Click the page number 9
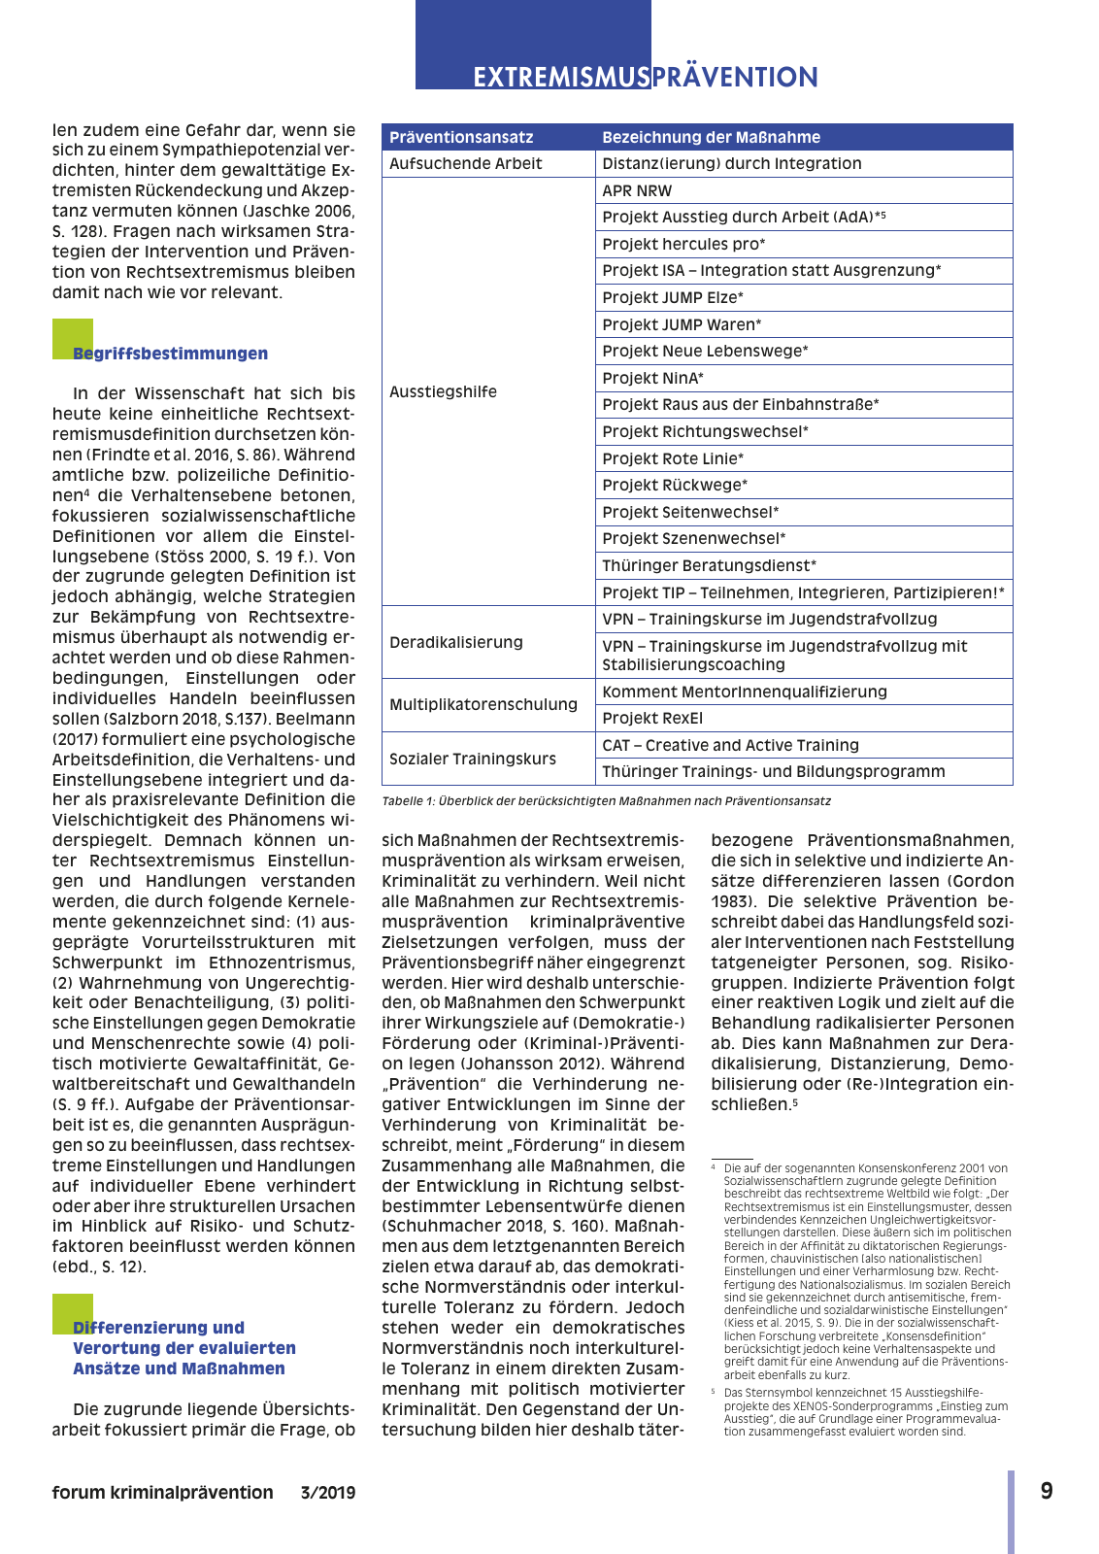(x=1047, y=1491)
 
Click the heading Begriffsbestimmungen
(x=170, y=354)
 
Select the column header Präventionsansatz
(x=461, y=137)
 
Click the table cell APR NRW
(x=637, y=190)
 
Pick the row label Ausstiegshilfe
(x=443, y=391)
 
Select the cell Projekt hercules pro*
(x=683, y=244)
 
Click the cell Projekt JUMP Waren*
(x=682, y=324)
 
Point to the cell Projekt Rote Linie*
(x=673, y=458)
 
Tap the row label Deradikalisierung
(x=455, y=642)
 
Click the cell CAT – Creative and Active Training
(x=730, y=745)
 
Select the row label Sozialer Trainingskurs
(x=472, y=759)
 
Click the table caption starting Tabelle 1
(x=606, y=801)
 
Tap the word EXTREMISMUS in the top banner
(x=560, y=77)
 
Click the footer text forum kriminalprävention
(x=162, y=1493)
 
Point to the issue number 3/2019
(x=327, y=1493)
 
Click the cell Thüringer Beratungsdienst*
(x=709, y=565)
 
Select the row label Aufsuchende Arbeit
(x=465, y=163)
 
